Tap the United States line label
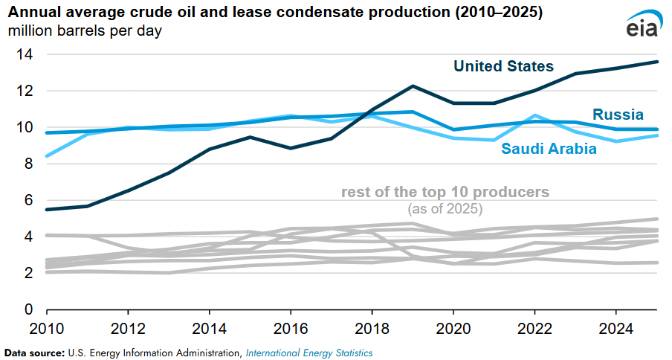(503, 66)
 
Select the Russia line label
(618, 115)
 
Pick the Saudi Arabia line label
(549, 148)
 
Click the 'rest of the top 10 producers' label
(445, 192)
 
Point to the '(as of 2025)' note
(445, 209)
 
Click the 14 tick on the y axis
(25, 54)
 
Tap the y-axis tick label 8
(28, 164)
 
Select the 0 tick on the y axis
(28, 309)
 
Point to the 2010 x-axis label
(47, 329)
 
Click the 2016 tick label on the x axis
(291, 329)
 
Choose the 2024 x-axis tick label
(616, 329)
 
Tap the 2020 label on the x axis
(453, 329)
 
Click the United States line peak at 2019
(413, 86)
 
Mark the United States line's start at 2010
(47, 210)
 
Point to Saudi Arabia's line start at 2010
(47, 156)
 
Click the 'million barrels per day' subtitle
(85, 30)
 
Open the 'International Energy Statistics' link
(309, 353)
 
